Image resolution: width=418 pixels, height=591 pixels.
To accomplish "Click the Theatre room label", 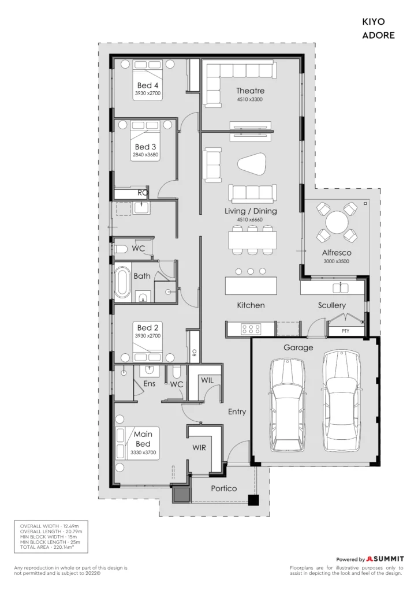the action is [250, 91].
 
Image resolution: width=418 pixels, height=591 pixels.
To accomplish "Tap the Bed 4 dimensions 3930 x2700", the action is [148, 93].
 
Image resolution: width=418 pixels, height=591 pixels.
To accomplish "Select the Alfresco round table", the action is [337, 222].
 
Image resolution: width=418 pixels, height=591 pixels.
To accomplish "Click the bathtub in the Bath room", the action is [122, 282].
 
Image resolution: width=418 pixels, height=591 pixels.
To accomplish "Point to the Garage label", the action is [298, 347].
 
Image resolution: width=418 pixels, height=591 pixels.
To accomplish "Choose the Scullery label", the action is [331, 305].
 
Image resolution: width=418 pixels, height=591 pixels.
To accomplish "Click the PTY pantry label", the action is [345, 331].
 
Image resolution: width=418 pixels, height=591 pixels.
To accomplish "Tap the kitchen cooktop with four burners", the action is [251, 328].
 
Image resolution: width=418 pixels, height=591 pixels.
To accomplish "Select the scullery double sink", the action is [341, 287].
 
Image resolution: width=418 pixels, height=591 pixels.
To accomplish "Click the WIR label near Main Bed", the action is [199, 448].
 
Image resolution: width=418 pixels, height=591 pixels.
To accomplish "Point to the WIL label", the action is [207, 380].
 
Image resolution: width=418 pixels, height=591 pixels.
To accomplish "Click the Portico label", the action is [224, 488].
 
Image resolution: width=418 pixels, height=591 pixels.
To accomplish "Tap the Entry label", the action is [237, 412].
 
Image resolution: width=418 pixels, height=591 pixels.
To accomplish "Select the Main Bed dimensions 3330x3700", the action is [143, 452].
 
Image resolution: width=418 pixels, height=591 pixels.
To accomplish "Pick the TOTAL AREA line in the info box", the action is [47, 547].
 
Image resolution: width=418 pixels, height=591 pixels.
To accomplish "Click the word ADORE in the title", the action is [378, 35].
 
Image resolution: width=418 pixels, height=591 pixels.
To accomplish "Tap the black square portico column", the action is [253, 500].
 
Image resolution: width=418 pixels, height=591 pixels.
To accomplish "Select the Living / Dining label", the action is [251, 211].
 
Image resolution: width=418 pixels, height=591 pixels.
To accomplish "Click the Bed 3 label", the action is [145, 147].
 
